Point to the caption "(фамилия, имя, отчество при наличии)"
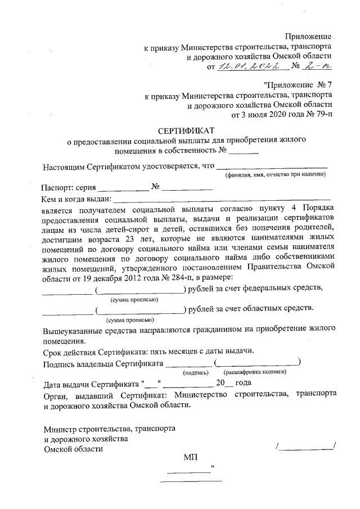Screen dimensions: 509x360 276,175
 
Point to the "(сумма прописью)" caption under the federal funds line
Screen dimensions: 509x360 134,299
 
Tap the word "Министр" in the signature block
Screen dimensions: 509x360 60,428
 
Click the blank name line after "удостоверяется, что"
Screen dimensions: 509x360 272,166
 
